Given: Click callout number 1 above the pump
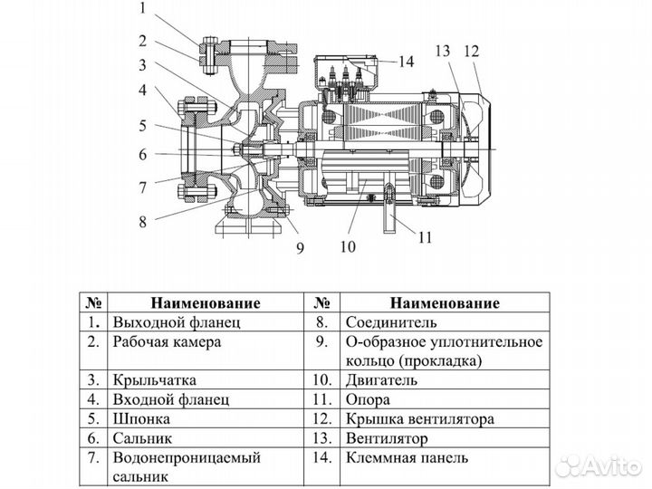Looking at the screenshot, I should coord(143,11).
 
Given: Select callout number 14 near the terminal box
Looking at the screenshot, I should coord(405,62).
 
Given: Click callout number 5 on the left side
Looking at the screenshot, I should coord(143,125).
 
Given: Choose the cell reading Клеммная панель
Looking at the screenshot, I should coord(407,457).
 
